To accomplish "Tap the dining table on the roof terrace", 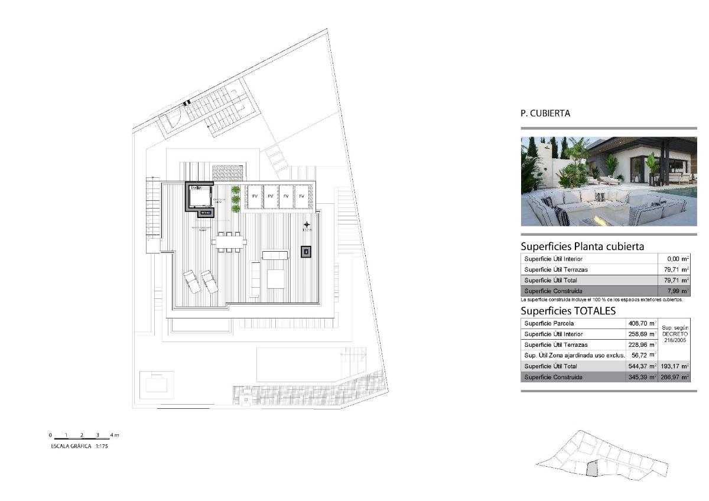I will coord(229,242).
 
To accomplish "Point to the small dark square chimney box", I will coord(305,252).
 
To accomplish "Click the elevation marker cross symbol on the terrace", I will coord(307,225).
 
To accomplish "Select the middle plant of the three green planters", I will coord(236,199).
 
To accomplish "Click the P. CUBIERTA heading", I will coord(545,113).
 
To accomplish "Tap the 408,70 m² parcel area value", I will coord(640,324).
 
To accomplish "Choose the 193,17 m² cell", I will coord(674,366).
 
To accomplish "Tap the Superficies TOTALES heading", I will coord(568,311).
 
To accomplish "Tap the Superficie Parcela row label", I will coord(549,324).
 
